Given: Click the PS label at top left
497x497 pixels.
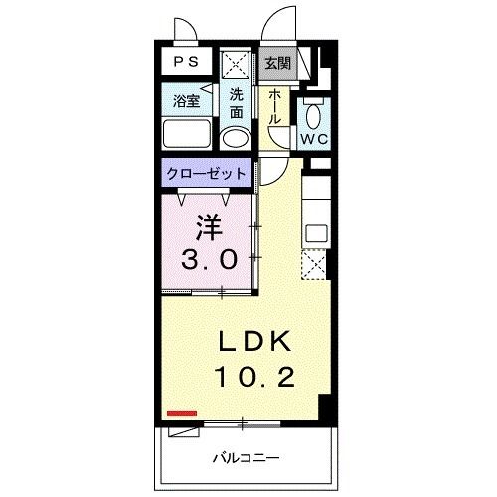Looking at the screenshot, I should tap(186, 61).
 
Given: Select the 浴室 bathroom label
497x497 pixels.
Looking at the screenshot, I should tap(185, 100).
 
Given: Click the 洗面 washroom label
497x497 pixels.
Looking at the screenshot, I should tap(236, 100).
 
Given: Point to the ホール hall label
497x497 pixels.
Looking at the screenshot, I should tap(274, 105).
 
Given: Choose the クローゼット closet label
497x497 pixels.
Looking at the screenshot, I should tap(206, 172).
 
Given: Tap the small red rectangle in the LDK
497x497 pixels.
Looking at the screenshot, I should tap(182, 412).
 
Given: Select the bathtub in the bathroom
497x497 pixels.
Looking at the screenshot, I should tap(186, 133).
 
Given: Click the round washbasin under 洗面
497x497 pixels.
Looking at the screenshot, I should tap(236, 135).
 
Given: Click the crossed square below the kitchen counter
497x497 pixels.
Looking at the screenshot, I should tap(313, 266).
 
